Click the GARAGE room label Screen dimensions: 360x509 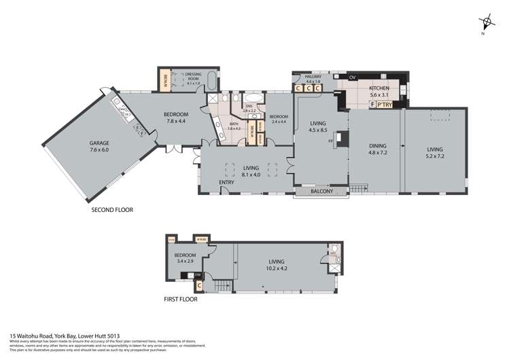(x=99, y=143)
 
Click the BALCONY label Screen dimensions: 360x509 (x=322, y=192)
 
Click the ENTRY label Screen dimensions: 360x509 (x=227, y=183)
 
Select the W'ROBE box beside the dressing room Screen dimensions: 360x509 (x=166, y=81)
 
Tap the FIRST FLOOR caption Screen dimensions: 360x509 (x=181, y=299)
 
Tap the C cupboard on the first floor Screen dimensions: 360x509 (x=199, y=285)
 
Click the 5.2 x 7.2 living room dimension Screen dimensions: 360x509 (x=434, y=156)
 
